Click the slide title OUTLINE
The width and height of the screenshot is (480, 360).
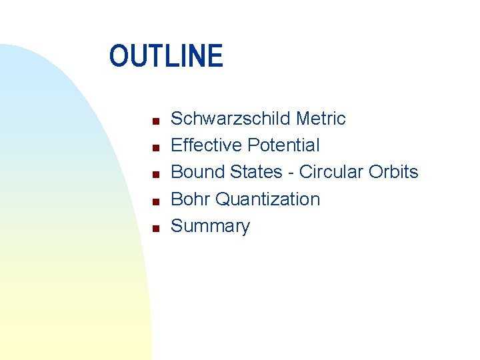click(166, 56)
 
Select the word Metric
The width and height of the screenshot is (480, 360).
click(321, 119)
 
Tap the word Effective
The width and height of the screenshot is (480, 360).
click(207, 145)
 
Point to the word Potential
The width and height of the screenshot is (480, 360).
click(283, 145)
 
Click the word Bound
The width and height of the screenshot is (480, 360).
click(198, 172)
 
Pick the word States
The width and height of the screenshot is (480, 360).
click(256, 172)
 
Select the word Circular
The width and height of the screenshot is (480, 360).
click(330, 172)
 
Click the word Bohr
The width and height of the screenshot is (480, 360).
click(191, 199)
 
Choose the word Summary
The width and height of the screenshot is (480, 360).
click(210, 226)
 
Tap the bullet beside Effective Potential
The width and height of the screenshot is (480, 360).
click(154, 148)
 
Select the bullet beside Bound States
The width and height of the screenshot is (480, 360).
click(154, 175)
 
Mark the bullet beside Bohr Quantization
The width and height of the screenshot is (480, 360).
click(154, 201)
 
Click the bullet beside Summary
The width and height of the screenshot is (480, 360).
click(154, 228)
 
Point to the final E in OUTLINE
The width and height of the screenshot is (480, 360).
click(215, 56)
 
